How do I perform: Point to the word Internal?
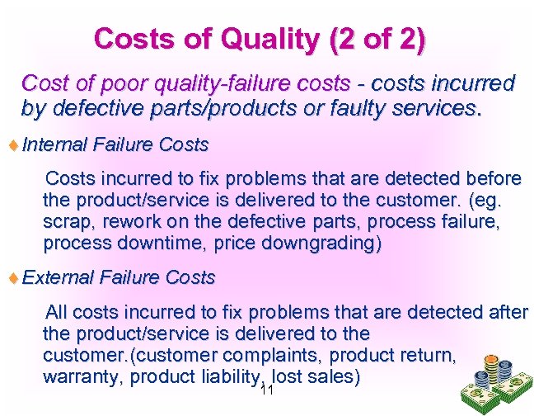point(54,145)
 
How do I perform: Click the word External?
point(58,277)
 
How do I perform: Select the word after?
point(504,312)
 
